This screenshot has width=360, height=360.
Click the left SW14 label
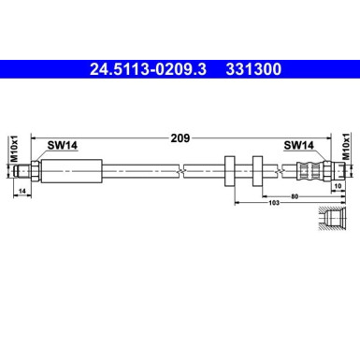pos(62,145)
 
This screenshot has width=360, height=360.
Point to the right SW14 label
pos(298,145)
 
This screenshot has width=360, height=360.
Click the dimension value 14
pos(22,192)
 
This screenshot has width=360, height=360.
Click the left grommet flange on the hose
pos(230,170)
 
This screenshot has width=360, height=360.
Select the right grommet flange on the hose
pos(253,170)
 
